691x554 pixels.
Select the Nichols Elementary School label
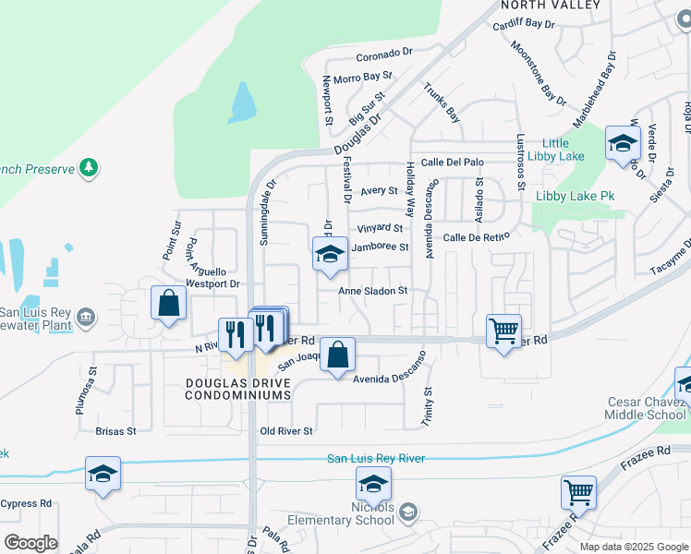(x=340, y=513)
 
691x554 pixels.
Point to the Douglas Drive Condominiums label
(x=238, y=389)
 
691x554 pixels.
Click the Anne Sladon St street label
(x=373, y=291)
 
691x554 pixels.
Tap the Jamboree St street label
(x=380, y=247)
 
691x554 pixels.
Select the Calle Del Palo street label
(x=453, y=163)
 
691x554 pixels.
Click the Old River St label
(x=287, y=431)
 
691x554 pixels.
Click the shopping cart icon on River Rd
(x=503, y=331)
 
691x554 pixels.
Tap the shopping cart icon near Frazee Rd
(x=578, y=493)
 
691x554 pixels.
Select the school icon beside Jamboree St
(x=329, y=255)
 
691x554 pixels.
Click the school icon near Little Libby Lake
(x=623, y=143)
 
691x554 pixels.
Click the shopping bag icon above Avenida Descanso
(x=338, y=355)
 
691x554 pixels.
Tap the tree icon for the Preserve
(x=89, y=168)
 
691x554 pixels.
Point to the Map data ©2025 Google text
(x=634, y=547)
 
